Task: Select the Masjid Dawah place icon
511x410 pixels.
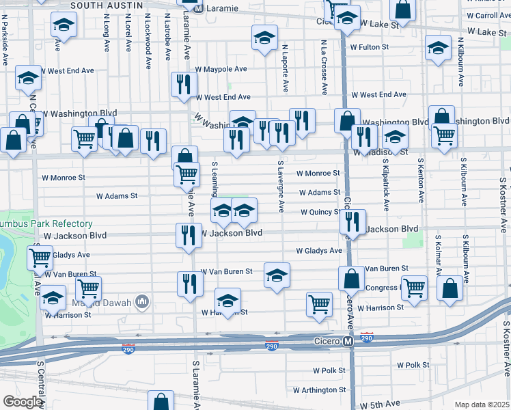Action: (142, 301)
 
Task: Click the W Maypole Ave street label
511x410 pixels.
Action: (221, 69)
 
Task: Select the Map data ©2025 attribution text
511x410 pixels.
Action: (482, 405)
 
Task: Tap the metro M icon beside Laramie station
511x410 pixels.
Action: (198, 10)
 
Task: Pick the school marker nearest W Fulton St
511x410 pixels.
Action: (264, 39)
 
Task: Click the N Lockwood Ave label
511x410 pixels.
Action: (148, 49)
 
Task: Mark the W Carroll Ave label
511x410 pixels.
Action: (488, 15)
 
